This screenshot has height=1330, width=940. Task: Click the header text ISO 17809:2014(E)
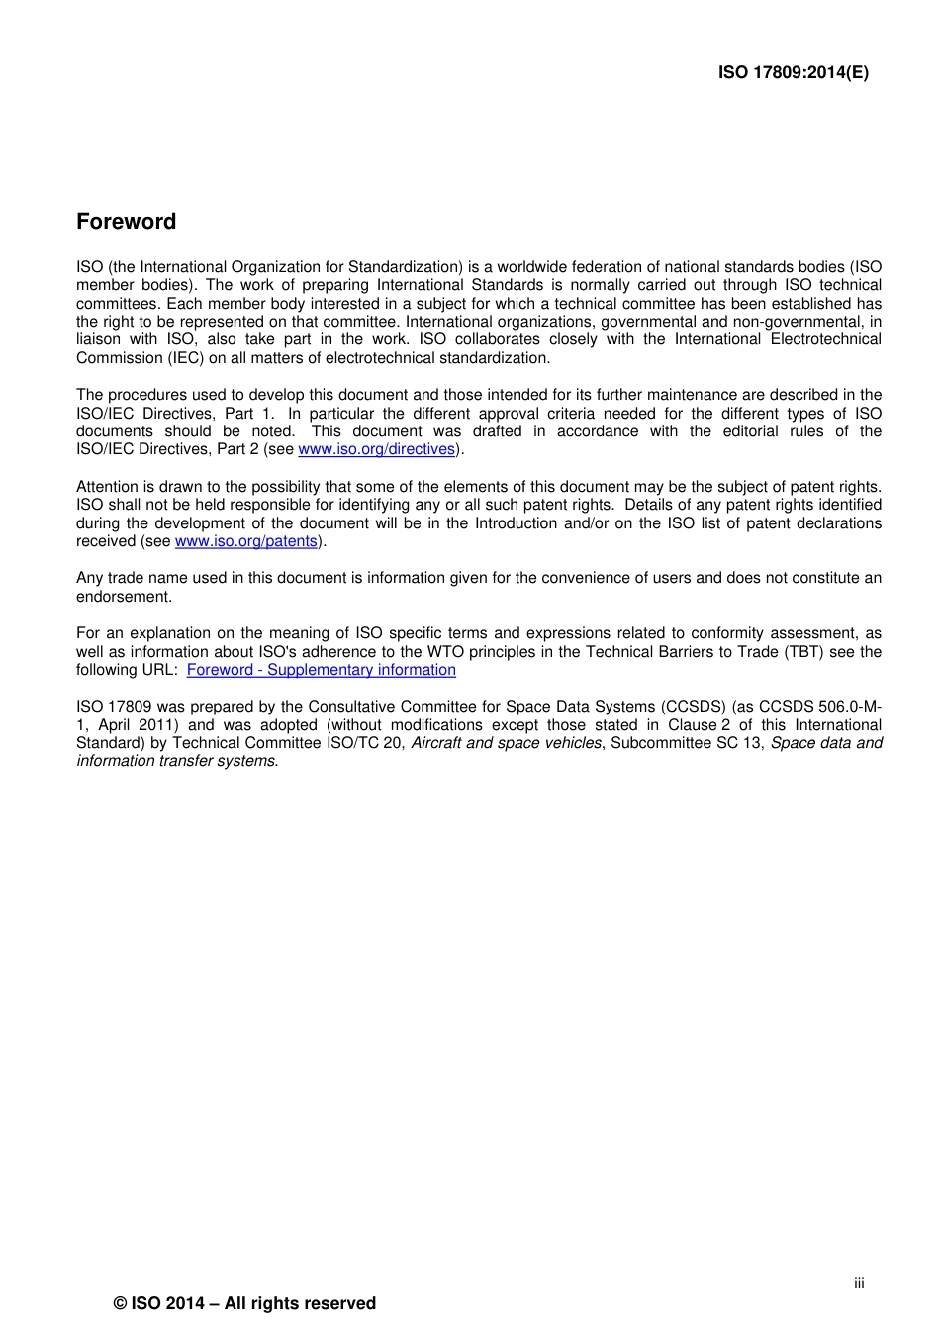click(x=793, y=72)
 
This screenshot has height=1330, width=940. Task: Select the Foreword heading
click(x=126, y=222)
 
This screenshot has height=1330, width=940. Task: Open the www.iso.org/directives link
click(x=376, y=449)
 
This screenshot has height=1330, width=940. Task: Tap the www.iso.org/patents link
click(x=246, y=541)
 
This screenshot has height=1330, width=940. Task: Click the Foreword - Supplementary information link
click(x=321, y=670)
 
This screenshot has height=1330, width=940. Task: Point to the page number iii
click(x=859, y=1282)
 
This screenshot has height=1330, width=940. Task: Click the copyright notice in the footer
click(x=244, y=1303)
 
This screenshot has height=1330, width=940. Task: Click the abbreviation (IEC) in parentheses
click(x=182, y=358)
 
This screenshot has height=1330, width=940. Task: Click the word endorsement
click(x=124, y=597)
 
